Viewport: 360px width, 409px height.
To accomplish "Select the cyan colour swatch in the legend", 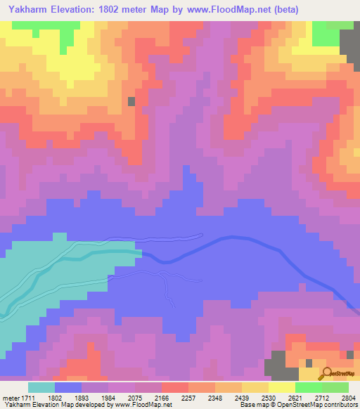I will (41, 387).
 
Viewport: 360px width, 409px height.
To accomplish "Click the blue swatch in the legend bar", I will (68, 387).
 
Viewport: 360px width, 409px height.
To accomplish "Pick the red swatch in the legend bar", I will (175, 387).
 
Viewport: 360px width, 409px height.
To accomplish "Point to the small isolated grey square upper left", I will (131, 101).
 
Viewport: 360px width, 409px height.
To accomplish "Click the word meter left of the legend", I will (10, 397).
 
